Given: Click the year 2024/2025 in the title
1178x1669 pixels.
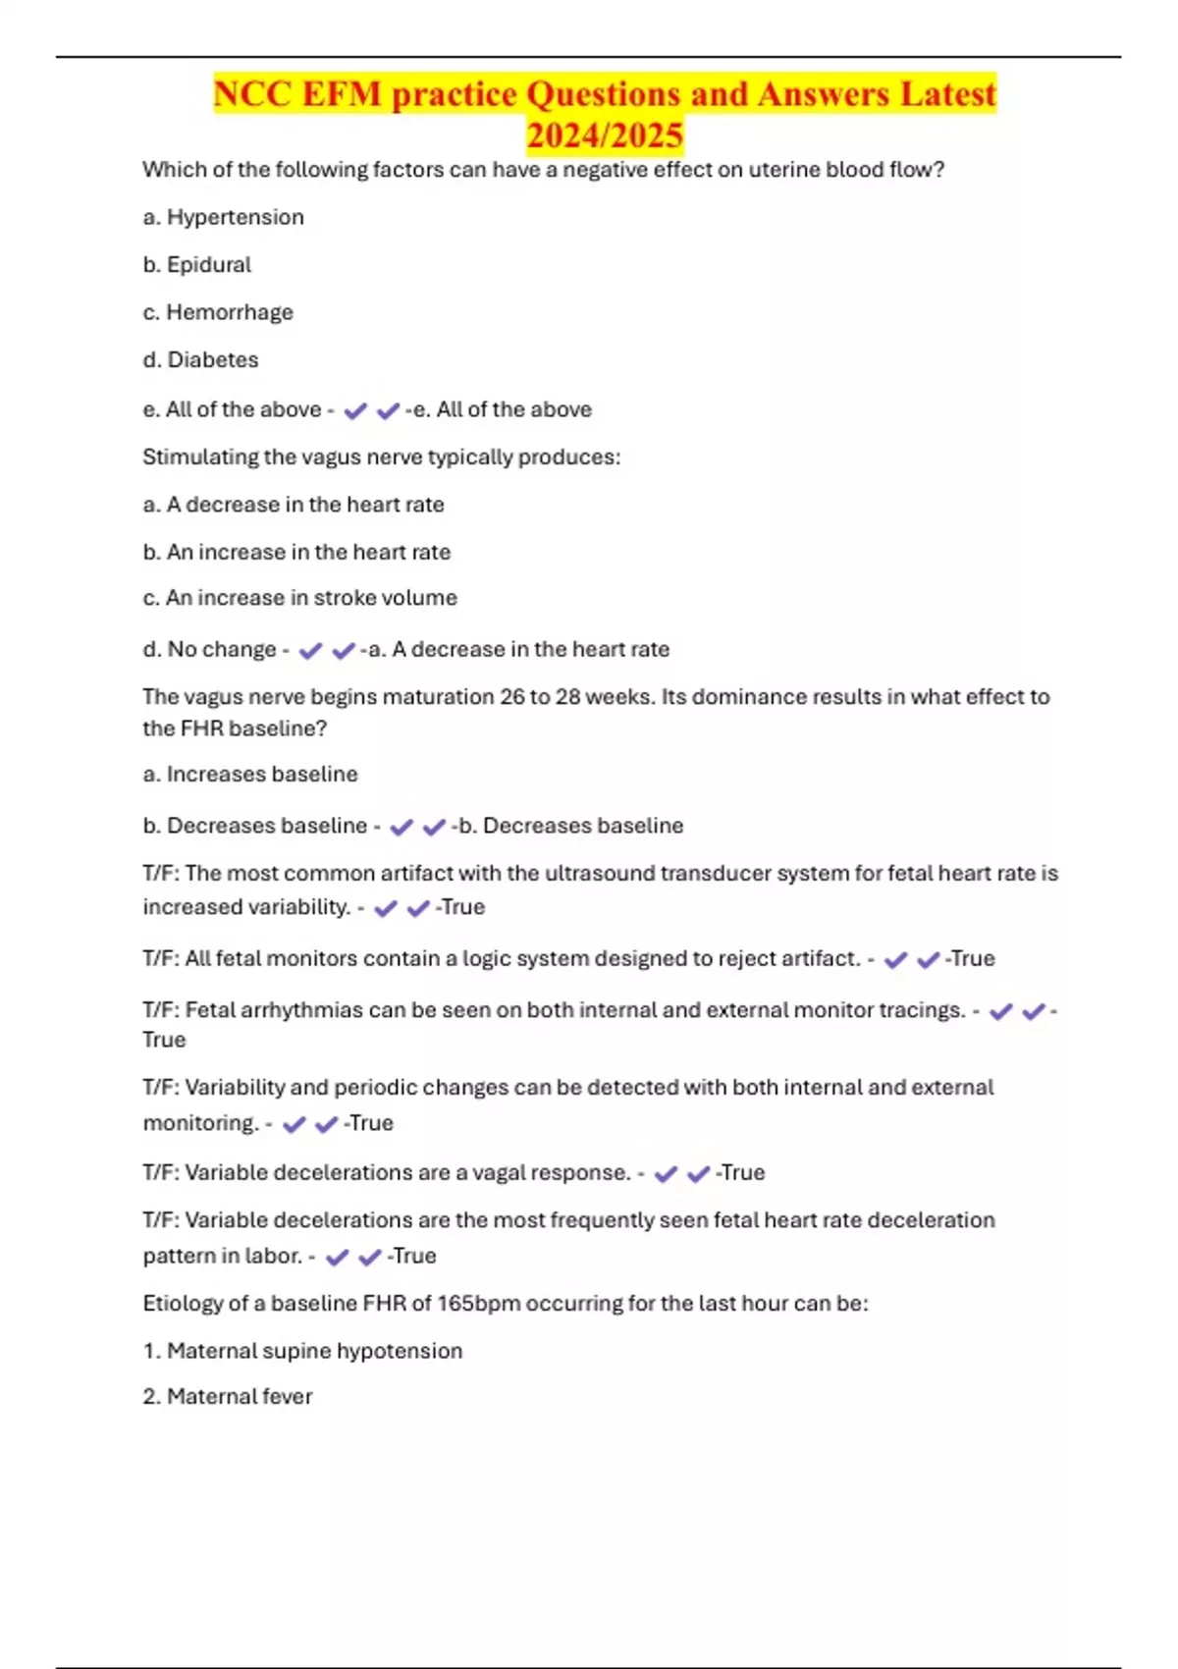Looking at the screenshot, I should [605, 135].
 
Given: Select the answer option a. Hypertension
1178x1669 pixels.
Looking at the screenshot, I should [224, 217].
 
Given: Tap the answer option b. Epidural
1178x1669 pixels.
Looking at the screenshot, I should [197, 265].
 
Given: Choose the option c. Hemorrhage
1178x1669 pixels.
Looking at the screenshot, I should [218, 312].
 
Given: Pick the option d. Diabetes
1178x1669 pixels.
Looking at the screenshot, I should [201, 360].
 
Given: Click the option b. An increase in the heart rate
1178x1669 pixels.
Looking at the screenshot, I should [296, 552].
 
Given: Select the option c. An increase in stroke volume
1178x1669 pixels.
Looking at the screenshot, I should [300, 598].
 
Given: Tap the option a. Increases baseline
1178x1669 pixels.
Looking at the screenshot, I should [250, 775].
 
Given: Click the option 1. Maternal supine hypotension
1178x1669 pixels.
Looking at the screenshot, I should [302, 1351].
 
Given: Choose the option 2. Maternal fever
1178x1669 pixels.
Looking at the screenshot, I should [228, 1396].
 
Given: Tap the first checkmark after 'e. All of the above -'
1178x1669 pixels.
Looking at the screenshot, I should [355, 411].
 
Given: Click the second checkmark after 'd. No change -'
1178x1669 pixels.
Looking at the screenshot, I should [344, 651].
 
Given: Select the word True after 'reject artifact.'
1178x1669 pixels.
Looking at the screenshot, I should [972, 959].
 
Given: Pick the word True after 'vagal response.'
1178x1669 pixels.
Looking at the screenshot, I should [741, 1173].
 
